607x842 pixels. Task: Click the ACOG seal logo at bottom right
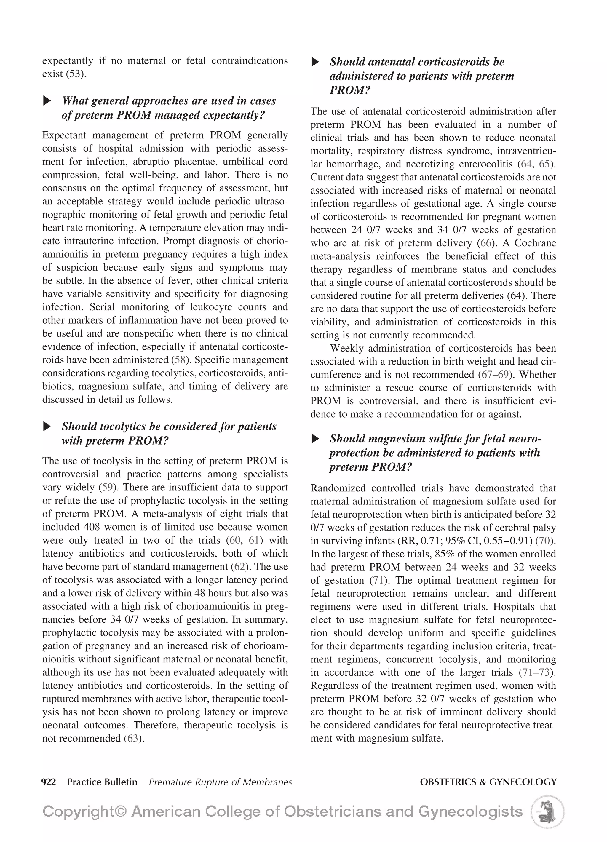(x=547, y=811)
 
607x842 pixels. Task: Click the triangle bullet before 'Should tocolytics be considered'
(x=47, y=426)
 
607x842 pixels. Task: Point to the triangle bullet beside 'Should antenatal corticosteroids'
(x=315, y=62)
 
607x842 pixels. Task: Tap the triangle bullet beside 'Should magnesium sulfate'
(x=315, y=439)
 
